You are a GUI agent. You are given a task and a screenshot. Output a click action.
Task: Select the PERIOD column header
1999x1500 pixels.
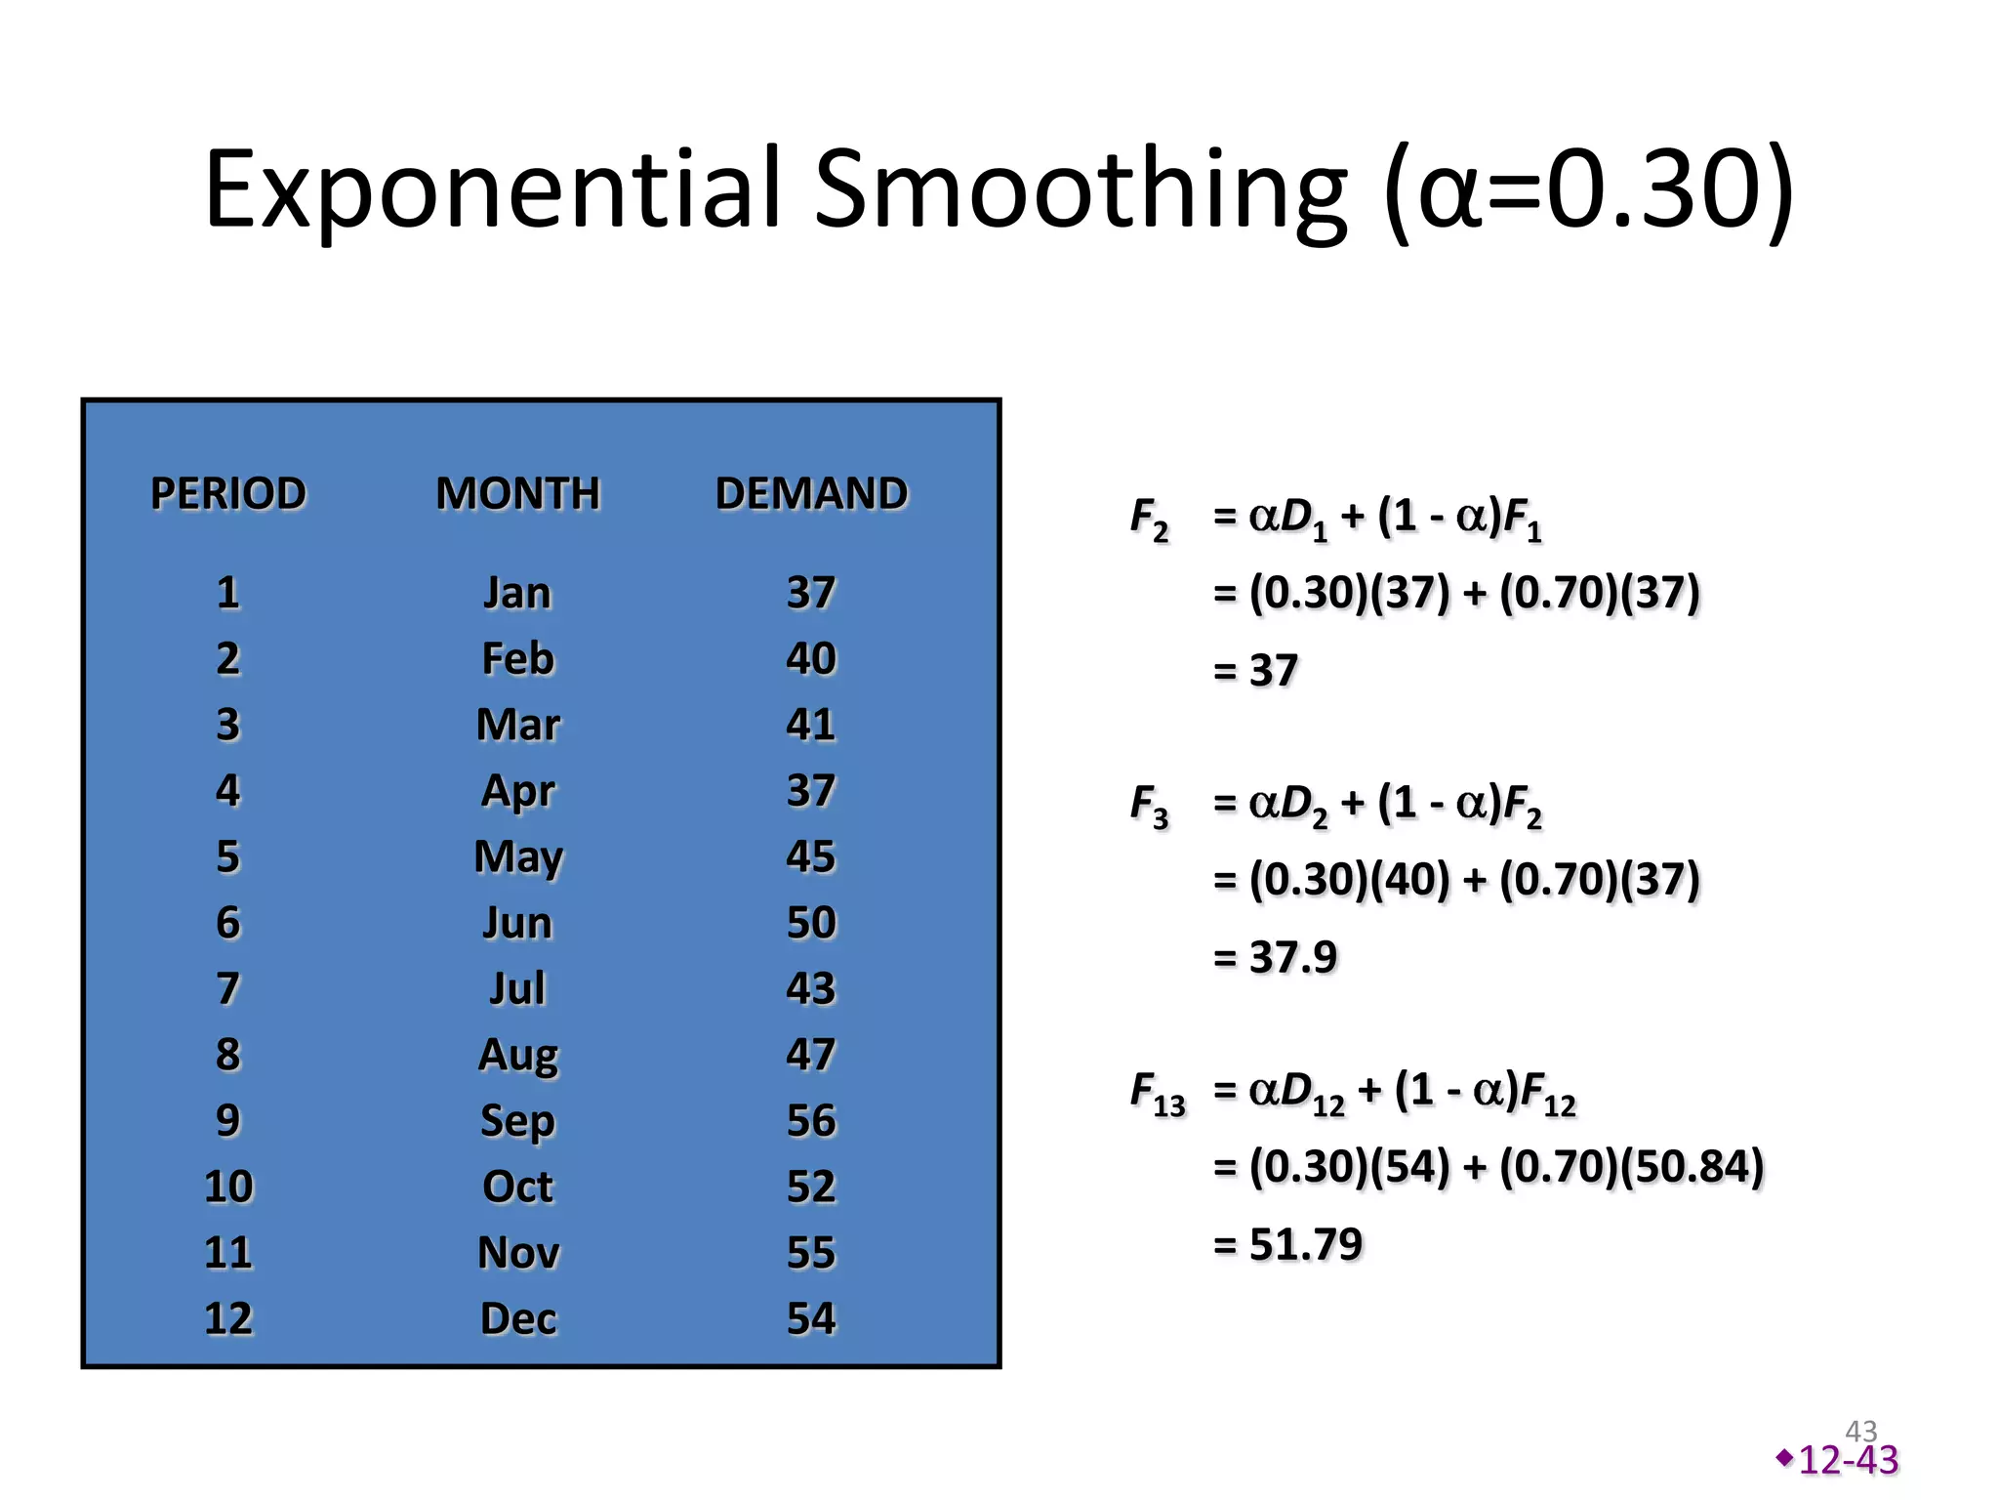[x=228, y=493]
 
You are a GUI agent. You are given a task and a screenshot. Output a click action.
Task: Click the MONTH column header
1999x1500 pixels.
[x=517, y=493]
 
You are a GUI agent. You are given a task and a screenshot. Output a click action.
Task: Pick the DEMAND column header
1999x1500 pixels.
[x=811, y=493]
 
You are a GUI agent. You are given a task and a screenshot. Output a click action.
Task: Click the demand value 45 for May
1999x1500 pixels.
[x=811, y=856]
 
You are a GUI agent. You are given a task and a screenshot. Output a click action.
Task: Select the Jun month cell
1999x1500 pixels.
[x=517, y=923]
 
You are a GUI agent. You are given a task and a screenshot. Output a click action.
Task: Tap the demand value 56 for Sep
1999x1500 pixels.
[x=811, y=1120]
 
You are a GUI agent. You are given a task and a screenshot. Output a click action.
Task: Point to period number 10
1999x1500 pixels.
[x=228, y=1187]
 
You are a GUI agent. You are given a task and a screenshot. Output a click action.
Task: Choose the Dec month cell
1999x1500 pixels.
[x=517, y=1318]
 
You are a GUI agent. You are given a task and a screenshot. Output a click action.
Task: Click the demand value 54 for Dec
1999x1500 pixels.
[x=811, y=1318]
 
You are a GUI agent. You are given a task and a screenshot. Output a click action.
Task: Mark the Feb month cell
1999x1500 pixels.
[x=517, y=659]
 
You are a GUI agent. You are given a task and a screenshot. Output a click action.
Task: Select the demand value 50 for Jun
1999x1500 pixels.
[x=811, y=923]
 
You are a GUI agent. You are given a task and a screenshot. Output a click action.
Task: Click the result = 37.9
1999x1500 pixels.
[x=1275, y=957]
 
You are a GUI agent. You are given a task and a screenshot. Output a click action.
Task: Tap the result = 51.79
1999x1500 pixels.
[x=1287, y=1244]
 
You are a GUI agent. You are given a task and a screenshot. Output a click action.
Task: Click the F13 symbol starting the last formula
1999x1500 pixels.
[x=1157, y=1093]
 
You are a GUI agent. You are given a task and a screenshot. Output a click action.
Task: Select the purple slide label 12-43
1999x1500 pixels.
[x=1848, y=1460]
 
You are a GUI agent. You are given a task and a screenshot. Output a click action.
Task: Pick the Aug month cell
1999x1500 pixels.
[x=517, y=1055]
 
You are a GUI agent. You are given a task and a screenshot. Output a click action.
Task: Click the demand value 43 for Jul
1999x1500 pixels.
[x=811, y=988]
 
